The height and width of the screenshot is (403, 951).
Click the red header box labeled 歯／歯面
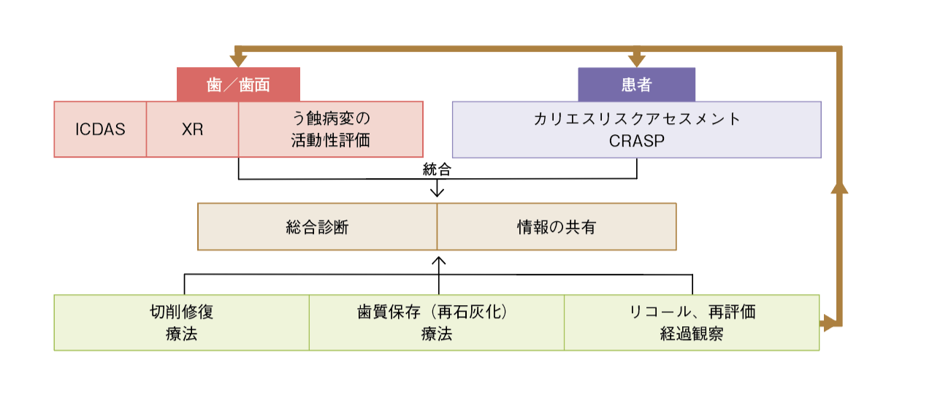tap(238, 85)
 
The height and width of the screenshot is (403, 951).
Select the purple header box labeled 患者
tap(636, 85)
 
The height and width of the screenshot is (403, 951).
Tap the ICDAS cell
tap(100, 130)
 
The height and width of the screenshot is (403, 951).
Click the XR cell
tap(192, 130)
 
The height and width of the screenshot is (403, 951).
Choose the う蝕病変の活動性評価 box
tap(330, 129)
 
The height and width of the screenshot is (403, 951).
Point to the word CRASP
tap(637, 141)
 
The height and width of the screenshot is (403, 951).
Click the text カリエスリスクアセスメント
tap(637, 119)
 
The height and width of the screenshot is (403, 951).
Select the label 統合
tap(437, 170)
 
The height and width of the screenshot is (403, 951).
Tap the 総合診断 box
tap(317, 227)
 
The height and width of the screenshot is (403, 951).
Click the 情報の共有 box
tap(557, 227)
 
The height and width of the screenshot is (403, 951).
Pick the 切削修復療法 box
tap(181, 323)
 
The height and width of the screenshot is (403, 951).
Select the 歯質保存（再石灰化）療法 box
tap(436, 323)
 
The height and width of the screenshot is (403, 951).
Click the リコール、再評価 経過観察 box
tap(692, 323)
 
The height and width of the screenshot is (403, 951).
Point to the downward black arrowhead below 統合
tap(438, 192)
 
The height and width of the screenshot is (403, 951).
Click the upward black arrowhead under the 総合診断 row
tap(438, 260)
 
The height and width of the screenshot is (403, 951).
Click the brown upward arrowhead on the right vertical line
tap(840, 187)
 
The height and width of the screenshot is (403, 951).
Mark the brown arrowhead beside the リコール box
tap(829, 323)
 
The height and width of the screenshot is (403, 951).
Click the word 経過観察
tap(692, 334)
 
